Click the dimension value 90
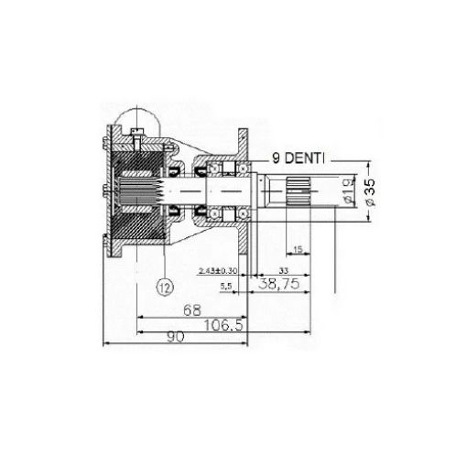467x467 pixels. [176, 337]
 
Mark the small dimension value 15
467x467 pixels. [298, 248]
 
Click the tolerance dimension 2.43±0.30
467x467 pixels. [217, 271]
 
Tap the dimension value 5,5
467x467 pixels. [225, 286]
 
